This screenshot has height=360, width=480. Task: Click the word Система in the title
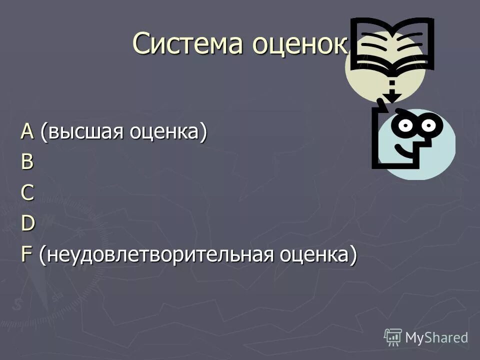(x=188, y=44)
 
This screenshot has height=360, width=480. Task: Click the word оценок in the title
(x=299, y=44)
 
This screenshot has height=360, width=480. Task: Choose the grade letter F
(x=26, y=255)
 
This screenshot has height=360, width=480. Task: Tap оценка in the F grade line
(x=318, y=256)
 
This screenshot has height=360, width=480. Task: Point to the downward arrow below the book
(x=391, y=90)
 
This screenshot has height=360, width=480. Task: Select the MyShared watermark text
(x=436, y=337)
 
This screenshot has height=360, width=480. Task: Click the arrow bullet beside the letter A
(x=11, y=132)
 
